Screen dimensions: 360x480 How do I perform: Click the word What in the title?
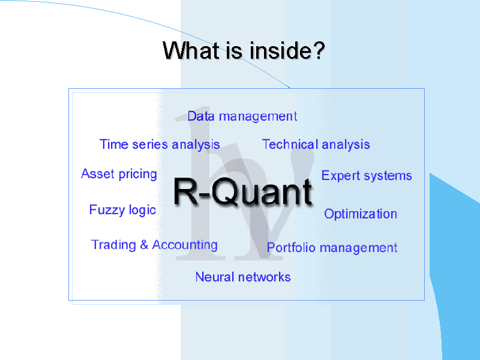(x=191, y=51)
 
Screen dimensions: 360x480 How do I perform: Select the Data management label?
(x=242, y=116)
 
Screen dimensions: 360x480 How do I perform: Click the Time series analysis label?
(x=160, y=145)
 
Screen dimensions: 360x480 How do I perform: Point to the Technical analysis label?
(x=316, y=145)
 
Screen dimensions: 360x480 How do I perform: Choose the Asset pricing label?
(x=119, y=174)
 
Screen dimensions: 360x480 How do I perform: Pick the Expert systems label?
(x=367, y=176)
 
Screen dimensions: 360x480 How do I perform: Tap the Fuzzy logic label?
(x=122, y=210)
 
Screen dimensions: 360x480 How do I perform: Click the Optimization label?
(x=361, y=214)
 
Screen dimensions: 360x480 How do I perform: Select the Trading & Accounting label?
(x=154, y=245)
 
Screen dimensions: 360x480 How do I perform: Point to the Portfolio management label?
(x=332, y=248)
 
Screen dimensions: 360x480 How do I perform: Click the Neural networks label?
(x=243, y=277)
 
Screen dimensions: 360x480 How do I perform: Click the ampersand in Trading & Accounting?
(x=144, y=245)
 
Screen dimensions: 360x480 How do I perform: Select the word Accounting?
(x=185, y=245)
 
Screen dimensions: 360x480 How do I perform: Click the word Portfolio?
(x=288, y=248)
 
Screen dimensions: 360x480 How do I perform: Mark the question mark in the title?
(x=319, y=51)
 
